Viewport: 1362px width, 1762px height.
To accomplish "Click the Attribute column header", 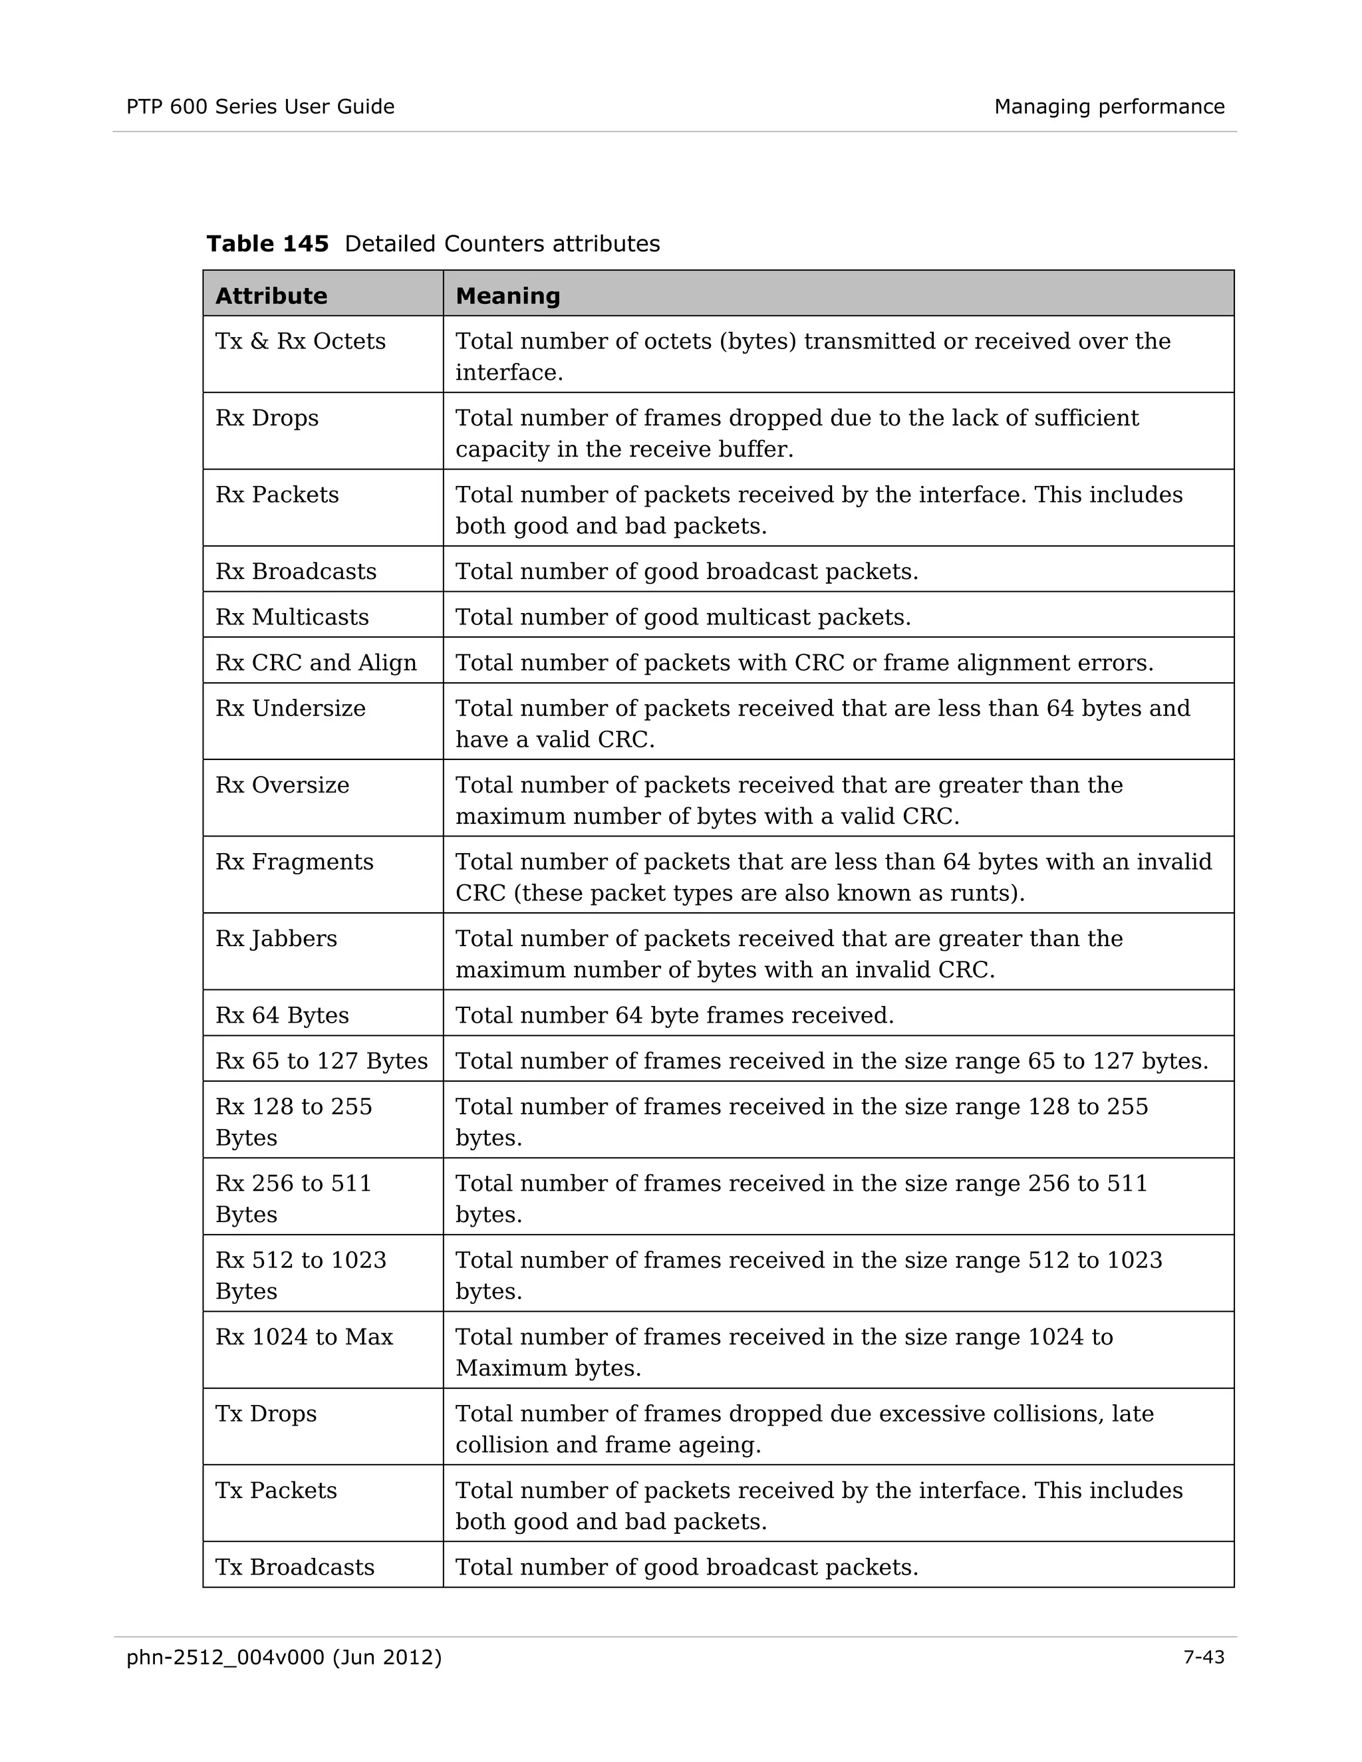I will (x=271, y=296).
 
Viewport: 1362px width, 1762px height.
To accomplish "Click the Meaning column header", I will (x=507, y=296).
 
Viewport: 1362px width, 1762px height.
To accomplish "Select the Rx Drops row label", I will (x=267, y=418).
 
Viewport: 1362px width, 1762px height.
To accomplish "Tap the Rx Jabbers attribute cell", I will (x=276, y=938).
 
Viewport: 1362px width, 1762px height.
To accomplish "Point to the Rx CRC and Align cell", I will (x=315, y=662).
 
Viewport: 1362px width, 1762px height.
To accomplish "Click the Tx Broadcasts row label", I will (x=295, y=1567).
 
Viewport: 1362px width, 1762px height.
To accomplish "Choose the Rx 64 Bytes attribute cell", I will (x=281, y=1015).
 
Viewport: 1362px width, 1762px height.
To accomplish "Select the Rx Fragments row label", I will (x=295, y=862).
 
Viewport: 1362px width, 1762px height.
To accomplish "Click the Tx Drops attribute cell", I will (x=265, y=1414).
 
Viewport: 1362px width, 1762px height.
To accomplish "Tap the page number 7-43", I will (x=1203, y=1657).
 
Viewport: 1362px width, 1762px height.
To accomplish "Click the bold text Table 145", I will (x=267, y=243).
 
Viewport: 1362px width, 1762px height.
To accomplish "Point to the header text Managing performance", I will (x=1109, y=106).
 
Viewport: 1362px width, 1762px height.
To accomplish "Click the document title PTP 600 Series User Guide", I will (x=260, y=106).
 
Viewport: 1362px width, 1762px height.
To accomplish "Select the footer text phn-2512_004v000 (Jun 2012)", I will (x=284, y=1657).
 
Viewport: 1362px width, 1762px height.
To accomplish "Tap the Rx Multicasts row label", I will (x=291, y=617).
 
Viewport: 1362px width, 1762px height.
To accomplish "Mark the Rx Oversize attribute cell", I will (x=281, y=785).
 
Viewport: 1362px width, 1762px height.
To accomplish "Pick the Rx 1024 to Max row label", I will (x=303, y=1337).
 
